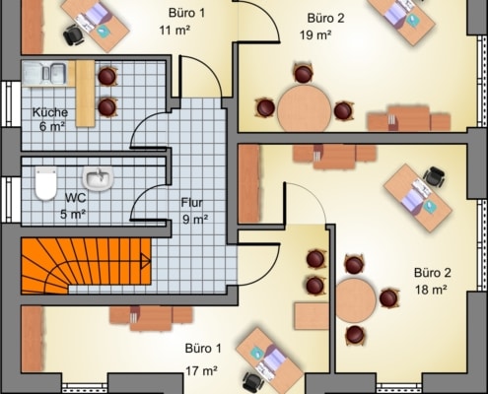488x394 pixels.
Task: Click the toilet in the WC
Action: click(45, 184)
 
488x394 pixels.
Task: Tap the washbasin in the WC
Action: click(98, 178)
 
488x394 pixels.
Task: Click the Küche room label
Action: click(50, 112)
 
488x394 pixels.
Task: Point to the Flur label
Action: click(192, 203)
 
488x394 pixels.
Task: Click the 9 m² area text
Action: click(195, 219)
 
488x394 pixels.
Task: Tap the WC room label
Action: click(76, 198)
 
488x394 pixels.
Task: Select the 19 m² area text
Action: click(315, 34)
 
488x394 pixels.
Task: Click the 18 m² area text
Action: click(431, 290)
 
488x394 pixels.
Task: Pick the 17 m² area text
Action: click(201, 371)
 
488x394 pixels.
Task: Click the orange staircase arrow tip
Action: click(151, 261)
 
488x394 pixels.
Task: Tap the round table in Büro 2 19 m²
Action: click(305, 109)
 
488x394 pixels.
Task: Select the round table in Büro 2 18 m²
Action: click(356, 300)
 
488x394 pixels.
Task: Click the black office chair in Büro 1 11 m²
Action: click(74, 35)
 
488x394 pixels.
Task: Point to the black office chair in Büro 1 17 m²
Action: click(253, 382)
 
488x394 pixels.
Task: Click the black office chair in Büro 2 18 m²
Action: click(435, 177)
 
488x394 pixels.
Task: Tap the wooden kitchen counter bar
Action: click(85, 94)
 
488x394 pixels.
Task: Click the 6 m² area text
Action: click(52, 127)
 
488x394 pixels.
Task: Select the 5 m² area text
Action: click(73, 215)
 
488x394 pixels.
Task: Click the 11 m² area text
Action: click(174, 31)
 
